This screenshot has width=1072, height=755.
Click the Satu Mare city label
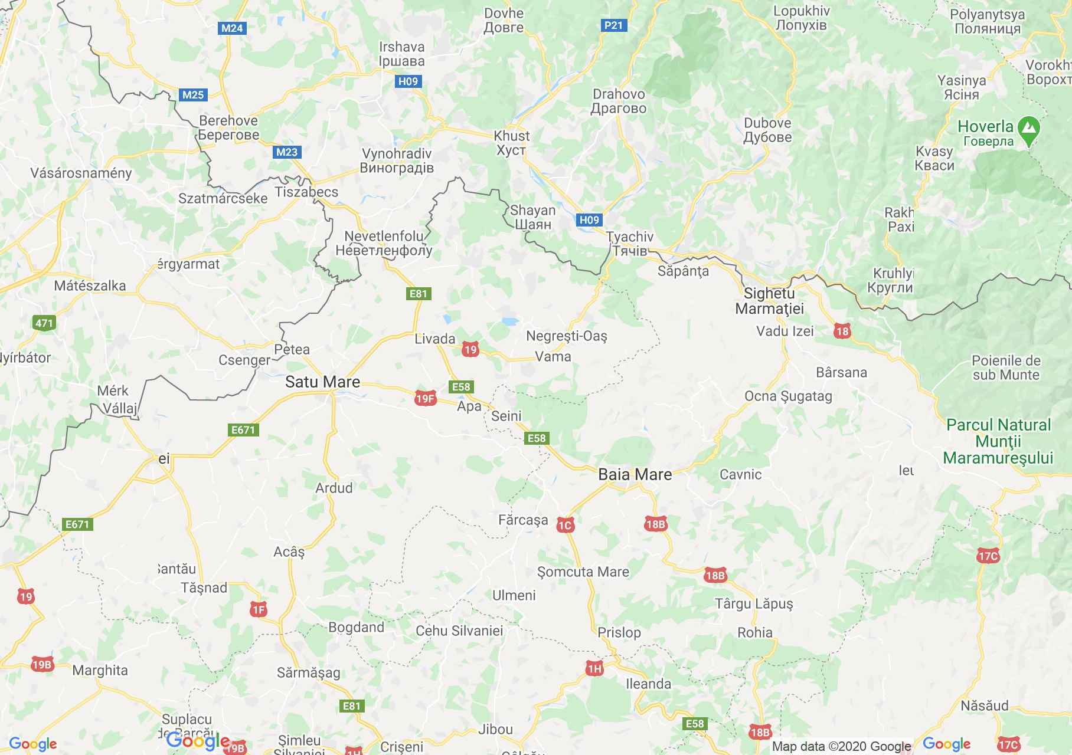click(x=322, y=382)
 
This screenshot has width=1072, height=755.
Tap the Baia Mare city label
click(x=635, y=474)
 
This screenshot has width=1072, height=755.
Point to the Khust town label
click(x=511, y=143)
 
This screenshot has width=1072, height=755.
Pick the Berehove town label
click(x=228, y=127)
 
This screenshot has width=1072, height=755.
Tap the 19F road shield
click(x=425, y=399)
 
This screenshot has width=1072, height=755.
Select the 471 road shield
click(x=44, y=323)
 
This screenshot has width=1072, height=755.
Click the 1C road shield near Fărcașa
click(x=566, y=525)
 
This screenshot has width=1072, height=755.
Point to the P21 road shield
click(x=614, y=25)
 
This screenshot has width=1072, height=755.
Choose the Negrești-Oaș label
click(x=566, y=336)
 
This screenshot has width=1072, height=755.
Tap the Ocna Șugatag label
click(x=788, y=396)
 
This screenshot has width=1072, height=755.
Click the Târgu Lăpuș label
click(x=754, y=603)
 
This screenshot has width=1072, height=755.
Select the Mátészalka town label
click(x=90, y=285)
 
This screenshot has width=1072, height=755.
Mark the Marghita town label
click(x=100, y=670)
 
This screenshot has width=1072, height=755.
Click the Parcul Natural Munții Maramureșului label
click(x=998, y=441)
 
